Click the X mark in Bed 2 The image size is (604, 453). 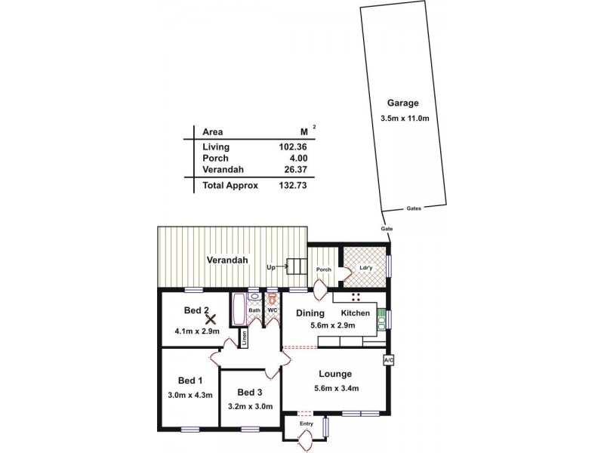coord(211,320)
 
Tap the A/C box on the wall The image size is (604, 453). coord(389,361)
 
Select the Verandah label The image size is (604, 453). coord(228,260)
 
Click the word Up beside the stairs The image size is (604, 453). coord(272,267)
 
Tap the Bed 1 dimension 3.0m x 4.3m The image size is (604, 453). coord(190,394)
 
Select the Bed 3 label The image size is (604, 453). coord(250,393)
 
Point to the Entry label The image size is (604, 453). coord(307,424)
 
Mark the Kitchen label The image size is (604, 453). coord(355,313)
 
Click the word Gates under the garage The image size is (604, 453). coord(413,208)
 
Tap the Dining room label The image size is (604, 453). coord(310,313)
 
